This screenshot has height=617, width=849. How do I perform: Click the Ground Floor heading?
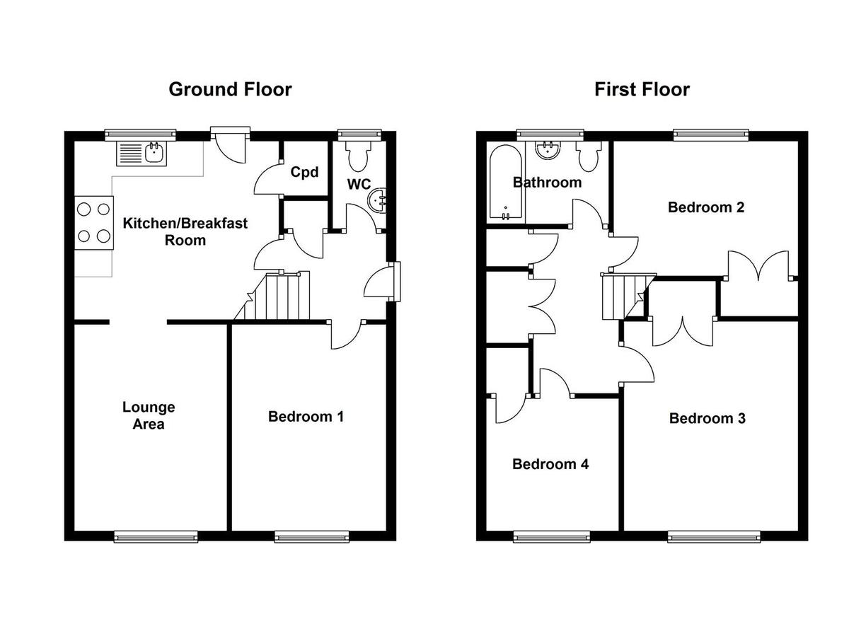(x=230, y=90)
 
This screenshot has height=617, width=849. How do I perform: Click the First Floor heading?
(x=642, y=90)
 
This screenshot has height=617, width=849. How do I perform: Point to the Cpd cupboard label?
(x=304, y=172)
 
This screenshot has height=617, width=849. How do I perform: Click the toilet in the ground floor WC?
(x=359, y=156)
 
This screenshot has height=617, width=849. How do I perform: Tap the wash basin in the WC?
(x=379, y=200)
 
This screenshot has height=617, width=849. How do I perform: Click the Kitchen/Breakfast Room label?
(x=185, y=232)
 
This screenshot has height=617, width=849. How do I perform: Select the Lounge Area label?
(x=149, y=416)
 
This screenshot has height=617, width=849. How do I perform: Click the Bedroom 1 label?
(x=306, y=417)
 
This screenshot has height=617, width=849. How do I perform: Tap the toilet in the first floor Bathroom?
(x=588, y=156)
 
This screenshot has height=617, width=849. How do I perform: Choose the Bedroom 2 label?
(x=706, y=207)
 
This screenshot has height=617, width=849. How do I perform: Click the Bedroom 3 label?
(x=707, y=418)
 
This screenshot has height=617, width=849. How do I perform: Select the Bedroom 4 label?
(x=550, y=464)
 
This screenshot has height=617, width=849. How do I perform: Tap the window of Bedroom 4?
(x=551, y=536)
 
